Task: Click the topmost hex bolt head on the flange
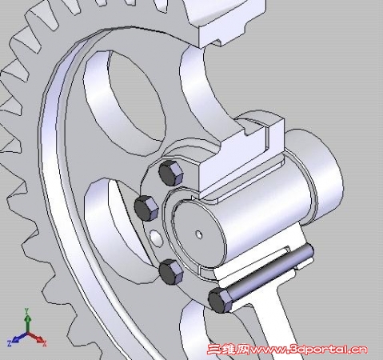(x=171, y=174)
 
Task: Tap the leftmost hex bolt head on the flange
(x=146, y=208)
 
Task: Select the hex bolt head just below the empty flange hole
(x=171, y=272)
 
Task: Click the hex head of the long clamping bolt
(x=220, y=300)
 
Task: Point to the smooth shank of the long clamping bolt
(x=271, y=270)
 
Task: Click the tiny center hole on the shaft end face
(x=199, y=234)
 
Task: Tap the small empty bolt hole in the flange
(x=156, y=238)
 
